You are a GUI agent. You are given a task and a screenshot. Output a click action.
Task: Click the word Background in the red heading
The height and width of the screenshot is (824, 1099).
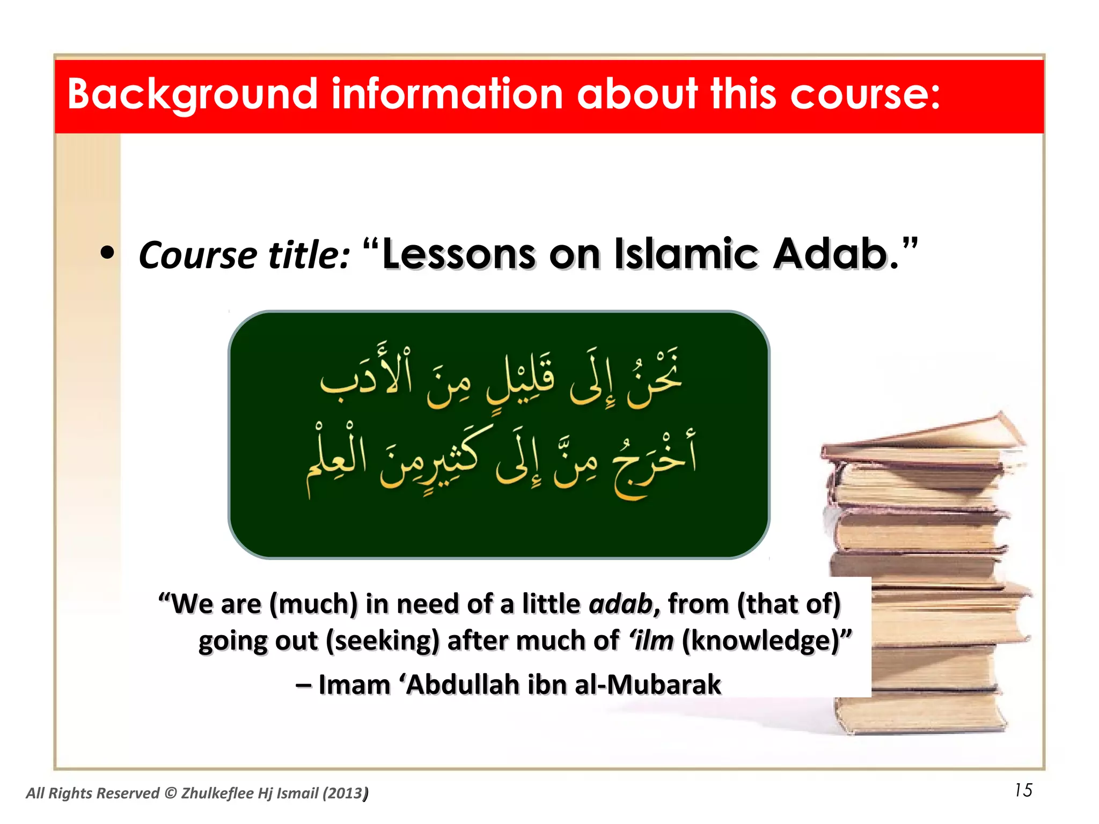coord(192,95)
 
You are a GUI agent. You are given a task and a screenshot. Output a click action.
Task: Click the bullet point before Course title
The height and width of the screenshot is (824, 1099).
coord(108,253)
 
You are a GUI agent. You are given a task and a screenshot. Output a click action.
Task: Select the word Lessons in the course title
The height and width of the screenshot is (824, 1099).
coord(458,254)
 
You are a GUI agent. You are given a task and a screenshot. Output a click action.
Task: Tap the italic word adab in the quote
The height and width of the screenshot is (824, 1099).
coord(620,604)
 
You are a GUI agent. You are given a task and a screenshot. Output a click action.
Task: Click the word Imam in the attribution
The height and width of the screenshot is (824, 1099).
coord(354,685)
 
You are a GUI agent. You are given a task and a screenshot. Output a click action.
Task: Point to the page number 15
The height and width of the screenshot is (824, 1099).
coord(1023,790)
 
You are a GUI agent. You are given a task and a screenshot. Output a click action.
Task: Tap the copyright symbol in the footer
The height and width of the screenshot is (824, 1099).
coord(170,793)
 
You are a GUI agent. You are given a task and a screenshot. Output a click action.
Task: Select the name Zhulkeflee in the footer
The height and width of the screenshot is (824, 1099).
coord(217,793)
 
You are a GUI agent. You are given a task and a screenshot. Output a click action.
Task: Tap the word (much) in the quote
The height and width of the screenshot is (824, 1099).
coord(313,604)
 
